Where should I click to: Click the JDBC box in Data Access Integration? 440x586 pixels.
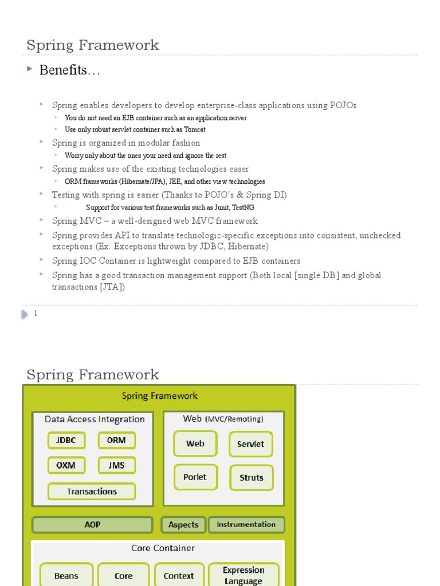(66, 441)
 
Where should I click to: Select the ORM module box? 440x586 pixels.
(116, 441)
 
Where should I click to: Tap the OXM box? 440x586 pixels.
(66, 465)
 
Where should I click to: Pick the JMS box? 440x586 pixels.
(116, 465)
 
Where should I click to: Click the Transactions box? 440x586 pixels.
(92, 492)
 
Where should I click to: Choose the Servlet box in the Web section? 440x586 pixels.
(251, 444)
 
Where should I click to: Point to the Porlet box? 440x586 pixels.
(195, 477)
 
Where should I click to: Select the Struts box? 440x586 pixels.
(252, 478)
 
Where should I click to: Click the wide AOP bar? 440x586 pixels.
(92, 525)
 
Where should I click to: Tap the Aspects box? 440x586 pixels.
(183, 525)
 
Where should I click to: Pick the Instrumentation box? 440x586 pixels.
(246, 524)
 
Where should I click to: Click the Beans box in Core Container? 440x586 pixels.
(66, 576)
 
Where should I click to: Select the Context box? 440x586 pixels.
(179, 576)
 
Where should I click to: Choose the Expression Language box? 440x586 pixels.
(243, 576)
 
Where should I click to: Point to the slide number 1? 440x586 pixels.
(36, 314)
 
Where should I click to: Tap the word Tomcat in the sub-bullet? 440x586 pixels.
(194, 129)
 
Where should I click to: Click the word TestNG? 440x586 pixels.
(243, 208)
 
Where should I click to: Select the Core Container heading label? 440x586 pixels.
(163, 548)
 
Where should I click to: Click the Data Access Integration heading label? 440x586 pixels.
(95, 419)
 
